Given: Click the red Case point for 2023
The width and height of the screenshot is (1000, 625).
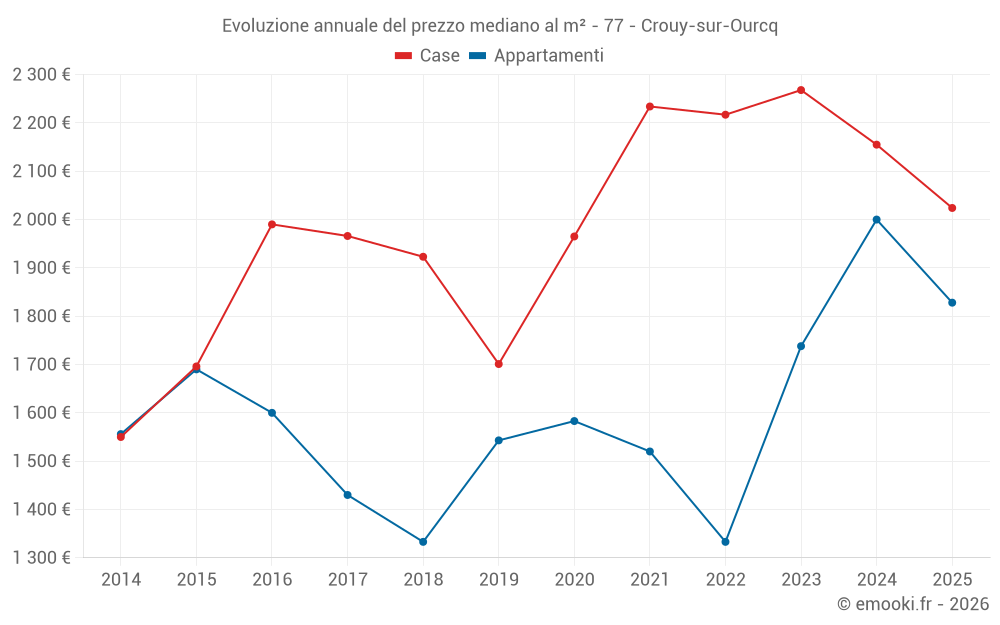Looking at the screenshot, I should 801,90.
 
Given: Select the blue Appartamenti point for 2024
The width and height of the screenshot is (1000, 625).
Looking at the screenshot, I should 877,220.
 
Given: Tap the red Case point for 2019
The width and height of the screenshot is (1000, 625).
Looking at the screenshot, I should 498,364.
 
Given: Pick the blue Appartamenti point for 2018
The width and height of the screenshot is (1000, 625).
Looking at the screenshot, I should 423,542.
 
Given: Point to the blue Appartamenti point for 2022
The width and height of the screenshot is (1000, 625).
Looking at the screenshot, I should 725,542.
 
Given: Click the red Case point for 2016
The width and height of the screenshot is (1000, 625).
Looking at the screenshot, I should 272,224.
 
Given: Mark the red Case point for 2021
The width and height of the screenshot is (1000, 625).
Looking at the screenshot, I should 650,106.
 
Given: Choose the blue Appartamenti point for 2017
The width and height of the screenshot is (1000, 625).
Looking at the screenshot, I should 347,495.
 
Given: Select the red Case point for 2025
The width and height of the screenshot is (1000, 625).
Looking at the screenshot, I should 952,208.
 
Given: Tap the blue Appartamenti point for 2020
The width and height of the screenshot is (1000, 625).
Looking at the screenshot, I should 574,421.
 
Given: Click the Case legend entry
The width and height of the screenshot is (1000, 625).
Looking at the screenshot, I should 427,56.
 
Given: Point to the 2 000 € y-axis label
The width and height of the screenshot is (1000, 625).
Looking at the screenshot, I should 41,219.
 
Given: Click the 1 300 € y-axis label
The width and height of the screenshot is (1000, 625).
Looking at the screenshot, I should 41,558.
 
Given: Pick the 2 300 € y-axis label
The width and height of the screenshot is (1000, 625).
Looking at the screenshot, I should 41,74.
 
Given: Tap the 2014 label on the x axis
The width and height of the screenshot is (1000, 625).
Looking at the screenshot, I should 121,580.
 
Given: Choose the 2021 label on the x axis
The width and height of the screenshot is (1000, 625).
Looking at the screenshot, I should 650,580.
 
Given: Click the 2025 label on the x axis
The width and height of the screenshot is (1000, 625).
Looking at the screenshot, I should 952,580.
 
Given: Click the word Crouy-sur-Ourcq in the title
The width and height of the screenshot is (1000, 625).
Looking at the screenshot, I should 709,26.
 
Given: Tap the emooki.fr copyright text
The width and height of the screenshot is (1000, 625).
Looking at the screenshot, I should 912,604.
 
